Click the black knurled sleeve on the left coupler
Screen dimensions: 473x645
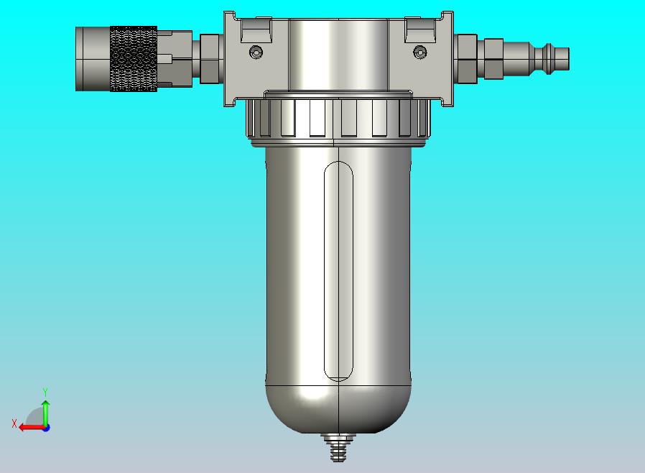[134, 59]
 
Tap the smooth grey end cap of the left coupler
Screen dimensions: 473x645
[92, 59]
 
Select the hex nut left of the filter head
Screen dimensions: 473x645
[210, 58]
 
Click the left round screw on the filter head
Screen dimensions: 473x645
[256, 52]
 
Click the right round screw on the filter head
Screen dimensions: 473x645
[420, 52]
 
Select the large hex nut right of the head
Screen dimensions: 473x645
[466, 58]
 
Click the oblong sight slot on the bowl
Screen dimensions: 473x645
[338, 271]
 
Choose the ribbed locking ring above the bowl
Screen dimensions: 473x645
[338, 117]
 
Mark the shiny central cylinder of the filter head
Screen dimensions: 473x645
[338, 54]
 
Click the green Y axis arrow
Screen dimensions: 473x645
[45, 411]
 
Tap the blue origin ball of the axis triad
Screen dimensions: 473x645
[45, 427]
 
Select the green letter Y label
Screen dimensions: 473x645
[45, 392]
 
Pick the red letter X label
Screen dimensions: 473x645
[14, 424]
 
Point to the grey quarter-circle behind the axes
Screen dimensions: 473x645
[36, 418]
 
